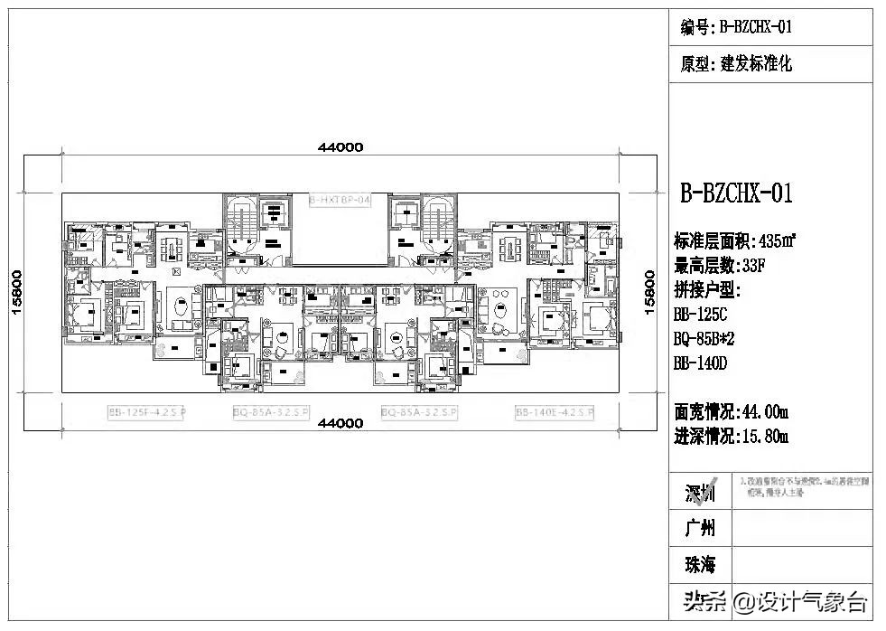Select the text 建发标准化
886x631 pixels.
[757, 65]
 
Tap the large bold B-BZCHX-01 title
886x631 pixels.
[736, 193]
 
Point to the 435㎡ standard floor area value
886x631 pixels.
[777, 241]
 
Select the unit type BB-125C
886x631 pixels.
[700, 315]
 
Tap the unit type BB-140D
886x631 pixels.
[700, 363]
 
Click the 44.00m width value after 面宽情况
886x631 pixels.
[764, 412]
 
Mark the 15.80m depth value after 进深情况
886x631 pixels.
[764, 437]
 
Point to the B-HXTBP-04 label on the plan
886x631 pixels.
[340, 200]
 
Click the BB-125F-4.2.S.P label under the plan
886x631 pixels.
[147, 412]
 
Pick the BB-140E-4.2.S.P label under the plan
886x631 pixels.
[555, 412]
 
